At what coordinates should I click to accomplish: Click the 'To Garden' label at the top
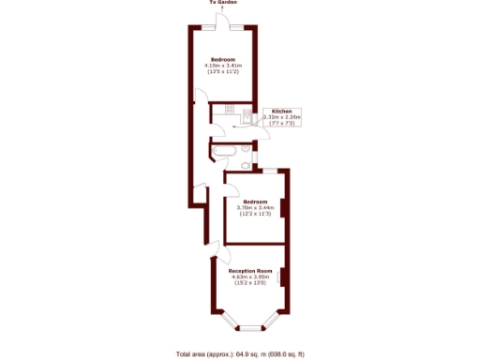click(223, 3)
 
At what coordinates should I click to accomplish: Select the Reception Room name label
click(250, 270)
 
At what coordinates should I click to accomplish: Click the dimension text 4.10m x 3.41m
click(224, 66)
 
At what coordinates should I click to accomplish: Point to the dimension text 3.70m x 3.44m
click(256, 207)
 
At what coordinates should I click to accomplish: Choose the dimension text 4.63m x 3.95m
click(250, 277)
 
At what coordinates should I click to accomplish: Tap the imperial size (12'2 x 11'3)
click(256, 214)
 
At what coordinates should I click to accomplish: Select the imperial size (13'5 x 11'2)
click(224, 72)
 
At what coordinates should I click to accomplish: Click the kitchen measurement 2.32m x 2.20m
click(283, 117)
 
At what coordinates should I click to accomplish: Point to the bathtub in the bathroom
click(225, 149)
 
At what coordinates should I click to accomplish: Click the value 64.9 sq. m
click(248, 353)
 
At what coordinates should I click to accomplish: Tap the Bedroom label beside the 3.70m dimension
click(256, 201)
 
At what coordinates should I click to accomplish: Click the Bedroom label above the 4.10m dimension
click(224, 59)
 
